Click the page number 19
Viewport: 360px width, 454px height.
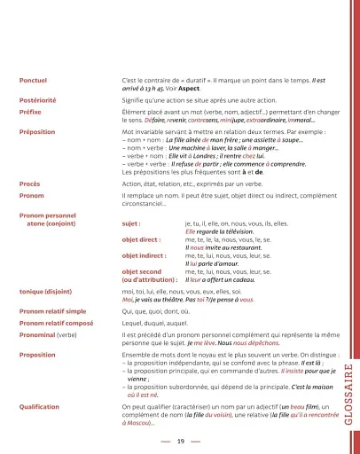180,441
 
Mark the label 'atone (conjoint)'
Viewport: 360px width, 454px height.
56,223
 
